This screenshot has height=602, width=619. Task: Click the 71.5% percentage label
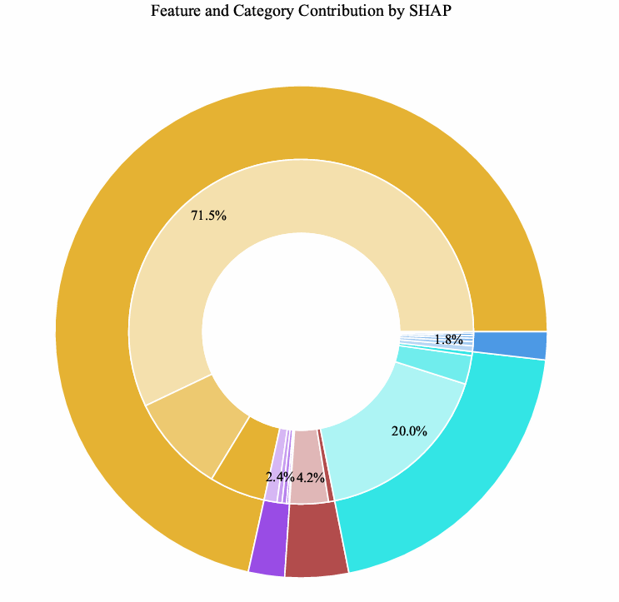pyautogui.click(x=208, y=216)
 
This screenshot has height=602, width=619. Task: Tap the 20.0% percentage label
pyautogui.click(x=409, y=431)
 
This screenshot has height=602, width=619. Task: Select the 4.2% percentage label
pyautogui.click(x=310, y=478)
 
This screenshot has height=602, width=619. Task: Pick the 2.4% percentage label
pyautogui.click(x=280, y=477)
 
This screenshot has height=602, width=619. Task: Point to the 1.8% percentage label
pyautogui.click(x=448, y=340)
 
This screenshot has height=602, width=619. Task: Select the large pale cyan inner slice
pyautogui.click(x=392, y=416)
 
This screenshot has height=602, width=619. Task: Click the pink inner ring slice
pyautogui.click(x=307, y=454)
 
